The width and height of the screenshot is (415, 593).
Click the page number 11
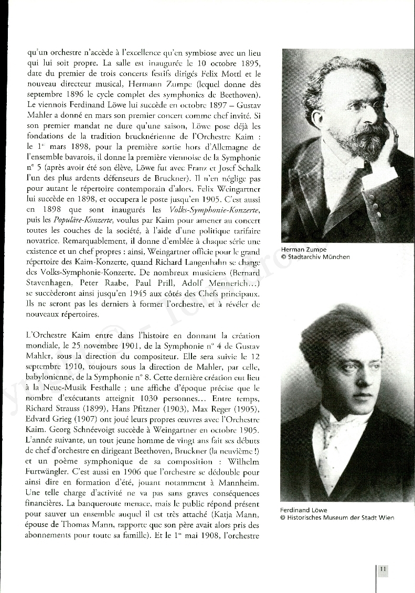[383, 569]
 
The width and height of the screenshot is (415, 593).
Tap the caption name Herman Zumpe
[303, 250]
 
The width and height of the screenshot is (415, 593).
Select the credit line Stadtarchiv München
[318, 257]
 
